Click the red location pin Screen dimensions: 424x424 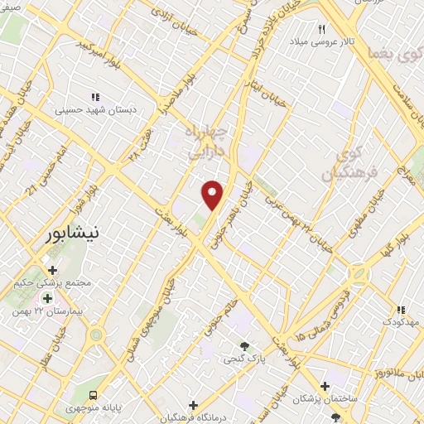pyautogui.click(x=213, y=194)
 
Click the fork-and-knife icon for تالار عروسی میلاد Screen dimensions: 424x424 pyautogui.click(x=320, y=28)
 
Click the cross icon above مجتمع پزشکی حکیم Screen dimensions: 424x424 pyautogui.click(x=53, y=270)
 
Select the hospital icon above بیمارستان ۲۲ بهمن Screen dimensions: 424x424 pyautogui.click(x=46, y=298)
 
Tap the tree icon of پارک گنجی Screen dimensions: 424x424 pyautogui.click(x=244, y=346)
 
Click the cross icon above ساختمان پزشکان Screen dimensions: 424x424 pyautogui.click(x=325, y=386)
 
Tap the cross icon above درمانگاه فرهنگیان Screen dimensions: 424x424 pyautogui.click(x=193, y=406)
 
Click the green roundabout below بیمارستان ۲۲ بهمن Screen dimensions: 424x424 pyautogui.click(x=97, y=335)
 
